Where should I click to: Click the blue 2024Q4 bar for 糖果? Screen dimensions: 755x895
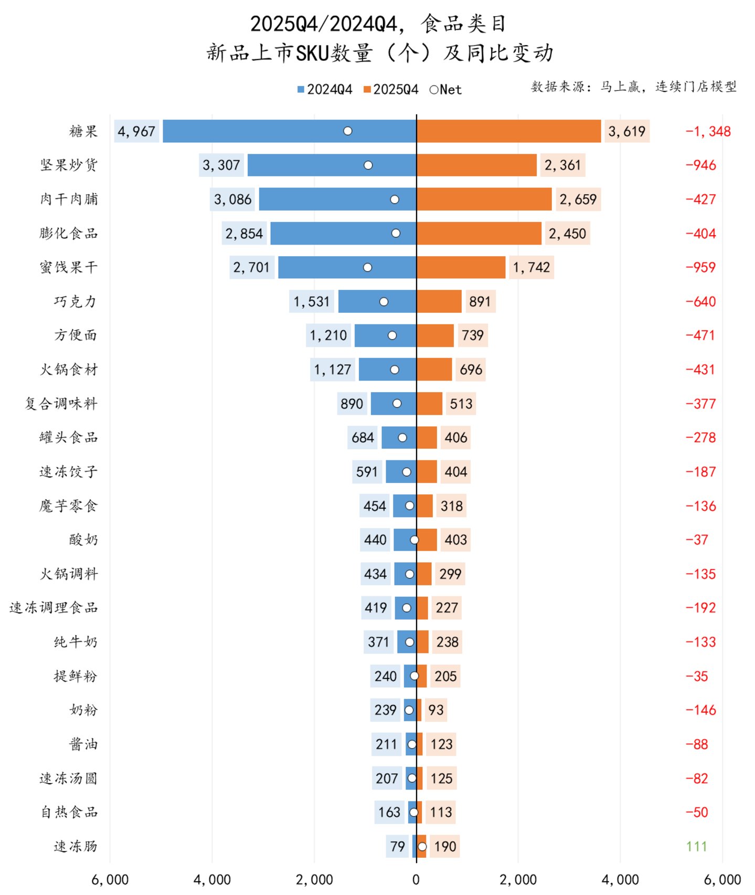(290, 131)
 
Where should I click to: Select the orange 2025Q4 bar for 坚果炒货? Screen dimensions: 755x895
(477, 165)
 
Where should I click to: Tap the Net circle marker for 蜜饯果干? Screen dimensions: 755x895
(367, 268)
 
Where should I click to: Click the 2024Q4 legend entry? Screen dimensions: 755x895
(325, 90)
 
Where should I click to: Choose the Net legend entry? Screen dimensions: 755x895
(445, 90)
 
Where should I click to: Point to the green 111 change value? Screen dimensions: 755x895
(696, 846)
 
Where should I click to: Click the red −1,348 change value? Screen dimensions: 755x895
(708, 131)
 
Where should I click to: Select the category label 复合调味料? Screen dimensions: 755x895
(61, 404)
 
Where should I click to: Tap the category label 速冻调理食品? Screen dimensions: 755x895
(54, 608)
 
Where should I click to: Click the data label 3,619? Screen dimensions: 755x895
(627, 131)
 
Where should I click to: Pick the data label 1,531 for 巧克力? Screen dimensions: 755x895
(312, 302)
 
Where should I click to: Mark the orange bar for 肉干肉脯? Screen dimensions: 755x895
(484, 199)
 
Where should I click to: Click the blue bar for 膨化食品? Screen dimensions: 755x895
(343, 234)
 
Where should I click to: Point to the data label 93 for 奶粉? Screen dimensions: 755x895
(436, 710)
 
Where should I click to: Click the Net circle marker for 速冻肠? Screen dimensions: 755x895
(422, 847)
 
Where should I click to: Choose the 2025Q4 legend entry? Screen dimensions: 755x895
(391, 90)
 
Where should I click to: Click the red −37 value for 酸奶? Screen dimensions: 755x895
(697, 540)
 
